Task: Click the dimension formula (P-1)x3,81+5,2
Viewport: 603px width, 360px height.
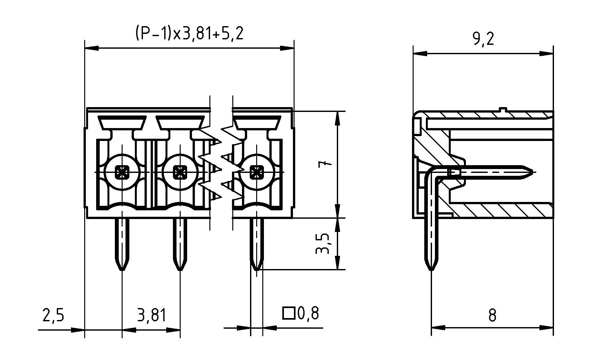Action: tap(189, 34)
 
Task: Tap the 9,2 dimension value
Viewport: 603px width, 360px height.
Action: tap(483, 39)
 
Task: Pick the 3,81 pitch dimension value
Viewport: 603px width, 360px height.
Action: tap(151, 315)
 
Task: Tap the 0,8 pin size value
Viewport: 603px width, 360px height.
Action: tap(308, 313)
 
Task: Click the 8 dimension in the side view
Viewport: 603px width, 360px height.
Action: tap(492, 315)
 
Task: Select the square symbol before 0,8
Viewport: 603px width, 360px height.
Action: tap(288, 313)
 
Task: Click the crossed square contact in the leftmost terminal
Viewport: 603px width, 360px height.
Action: tap(122, 172)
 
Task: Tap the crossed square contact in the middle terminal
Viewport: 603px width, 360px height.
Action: tap(180, 172)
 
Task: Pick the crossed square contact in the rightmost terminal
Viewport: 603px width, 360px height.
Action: tap(256, 172)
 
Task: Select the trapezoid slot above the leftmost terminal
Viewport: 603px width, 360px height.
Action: tap(122, 123)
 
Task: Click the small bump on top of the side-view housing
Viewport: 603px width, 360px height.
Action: tap(502, 109)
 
